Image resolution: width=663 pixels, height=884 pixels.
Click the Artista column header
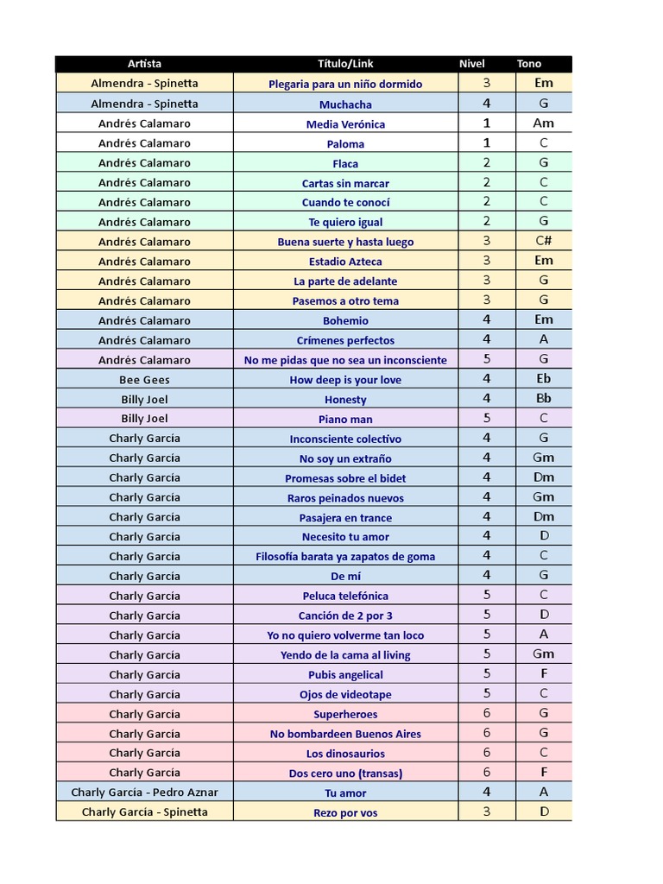point(144,64)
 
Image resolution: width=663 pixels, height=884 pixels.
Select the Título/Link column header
point(345,64)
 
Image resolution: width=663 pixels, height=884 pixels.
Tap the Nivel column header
point(472,64)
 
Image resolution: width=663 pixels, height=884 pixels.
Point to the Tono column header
point(529,64)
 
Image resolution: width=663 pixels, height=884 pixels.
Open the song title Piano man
point(345,420)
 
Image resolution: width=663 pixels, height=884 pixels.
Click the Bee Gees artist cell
point(144,380)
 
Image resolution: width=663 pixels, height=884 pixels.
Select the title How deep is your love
point(345,380)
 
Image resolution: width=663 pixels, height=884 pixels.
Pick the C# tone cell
point(544,241)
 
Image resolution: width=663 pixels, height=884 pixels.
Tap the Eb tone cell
point(544,379)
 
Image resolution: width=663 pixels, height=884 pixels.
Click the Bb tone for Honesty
point(544,399)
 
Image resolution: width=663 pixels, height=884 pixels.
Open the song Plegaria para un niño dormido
point(345,84)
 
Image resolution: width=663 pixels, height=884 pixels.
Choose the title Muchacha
point(345,104)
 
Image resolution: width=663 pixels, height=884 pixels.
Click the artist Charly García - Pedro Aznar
point(144,792)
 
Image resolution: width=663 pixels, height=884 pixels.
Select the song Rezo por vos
point(345,812)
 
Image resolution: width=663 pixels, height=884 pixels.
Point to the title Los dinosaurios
point(345,754)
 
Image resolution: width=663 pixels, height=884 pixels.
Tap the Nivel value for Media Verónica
point(487,123)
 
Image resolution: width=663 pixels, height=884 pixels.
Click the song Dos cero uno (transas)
point(345,773)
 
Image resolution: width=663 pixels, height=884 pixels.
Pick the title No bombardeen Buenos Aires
point(345,734)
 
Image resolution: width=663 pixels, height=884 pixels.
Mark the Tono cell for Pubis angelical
point(544,674)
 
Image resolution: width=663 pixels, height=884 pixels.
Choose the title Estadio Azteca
point(345,262)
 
